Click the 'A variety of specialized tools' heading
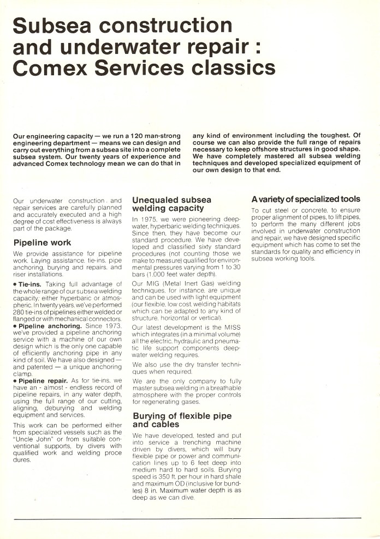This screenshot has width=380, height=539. [x=306, y=199]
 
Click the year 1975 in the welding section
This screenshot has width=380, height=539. [x=150, y=219]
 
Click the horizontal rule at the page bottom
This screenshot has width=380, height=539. [x=189, y=518]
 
